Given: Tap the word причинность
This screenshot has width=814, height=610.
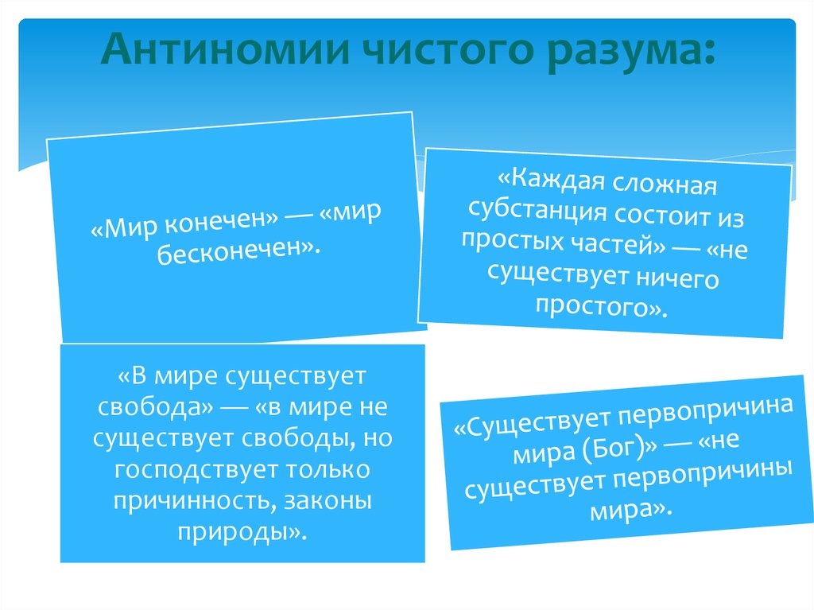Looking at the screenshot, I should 188,501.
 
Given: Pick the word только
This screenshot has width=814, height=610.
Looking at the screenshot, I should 326,469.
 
